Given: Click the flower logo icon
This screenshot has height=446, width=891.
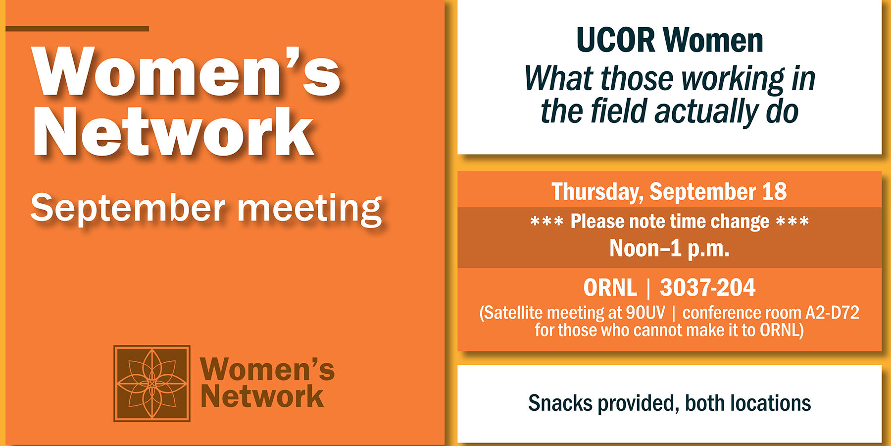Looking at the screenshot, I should click(152, 383).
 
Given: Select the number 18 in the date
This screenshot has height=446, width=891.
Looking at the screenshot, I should click(774, 192).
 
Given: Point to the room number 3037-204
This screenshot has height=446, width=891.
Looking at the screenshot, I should click(707, 288).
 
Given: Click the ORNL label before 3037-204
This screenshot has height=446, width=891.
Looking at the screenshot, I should click(610, 288).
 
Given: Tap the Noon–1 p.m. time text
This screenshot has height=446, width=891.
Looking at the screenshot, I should click(669, 248).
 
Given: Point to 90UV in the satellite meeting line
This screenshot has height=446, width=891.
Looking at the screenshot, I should click(645, 313).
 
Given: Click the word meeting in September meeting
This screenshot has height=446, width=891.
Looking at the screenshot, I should click(309, 209).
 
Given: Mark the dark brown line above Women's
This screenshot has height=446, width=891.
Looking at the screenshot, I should click(77, 29).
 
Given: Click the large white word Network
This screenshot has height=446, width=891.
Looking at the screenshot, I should click(173, 133).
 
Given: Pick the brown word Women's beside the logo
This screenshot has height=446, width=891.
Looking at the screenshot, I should click(267, 370).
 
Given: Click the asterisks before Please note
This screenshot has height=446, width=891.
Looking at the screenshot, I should click(546, 222).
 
